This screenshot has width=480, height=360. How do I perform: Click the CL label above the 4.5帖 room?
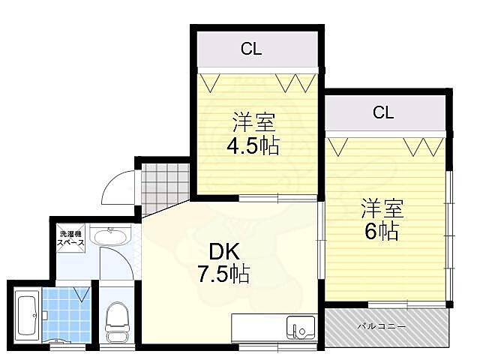[x=251, y=50]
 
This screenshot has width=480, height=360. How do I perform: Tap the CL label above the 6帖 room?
[x=383, y=113]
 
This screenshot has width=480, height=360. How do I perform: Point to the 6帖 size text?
[x=382, y=230]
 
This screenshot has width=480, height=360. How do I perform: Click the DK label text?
[x=223, y=253]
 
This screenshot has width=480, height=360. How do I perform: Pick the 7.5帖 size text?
[x=223, y=274]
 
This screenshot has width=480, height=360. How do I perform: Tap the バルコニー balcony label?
[x=381, y=327]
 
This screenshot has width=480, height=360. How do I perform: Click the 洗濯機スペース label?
[x=71, y=238]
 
